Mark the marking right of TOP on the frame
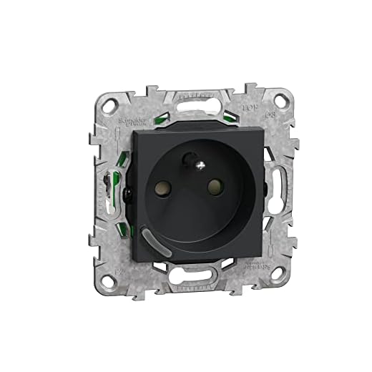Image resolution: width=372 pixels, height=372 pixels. click(270, 114)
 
